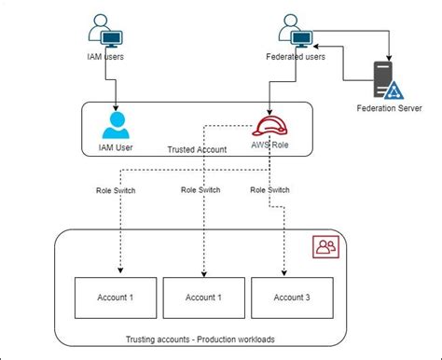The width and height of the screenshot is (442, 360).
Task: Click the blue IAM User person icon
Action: (116, 125)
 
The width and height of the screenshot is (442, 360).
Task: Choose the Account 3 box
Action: (289, 298)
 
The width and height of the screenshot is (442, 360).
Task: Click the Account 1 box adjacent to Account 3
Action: (203, 298)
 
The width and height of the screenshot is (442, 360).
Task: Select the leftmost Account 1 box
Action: (117, 298)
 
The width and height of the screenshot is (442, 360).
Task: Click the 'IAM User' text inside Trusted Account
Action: (117, 147)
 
